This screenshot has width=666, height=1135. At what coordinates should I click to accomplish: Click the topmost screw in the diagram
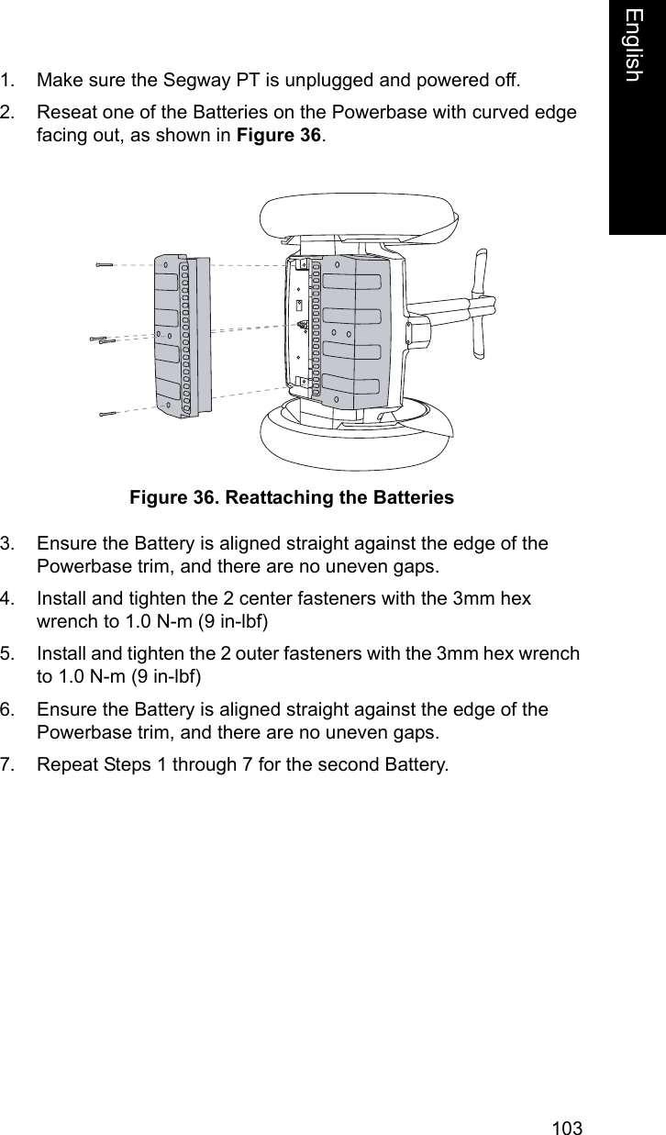click(x=104, y=264)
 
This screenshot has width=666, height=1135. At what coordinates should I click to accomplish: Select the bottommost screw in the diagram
click(x=109, y=414)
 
